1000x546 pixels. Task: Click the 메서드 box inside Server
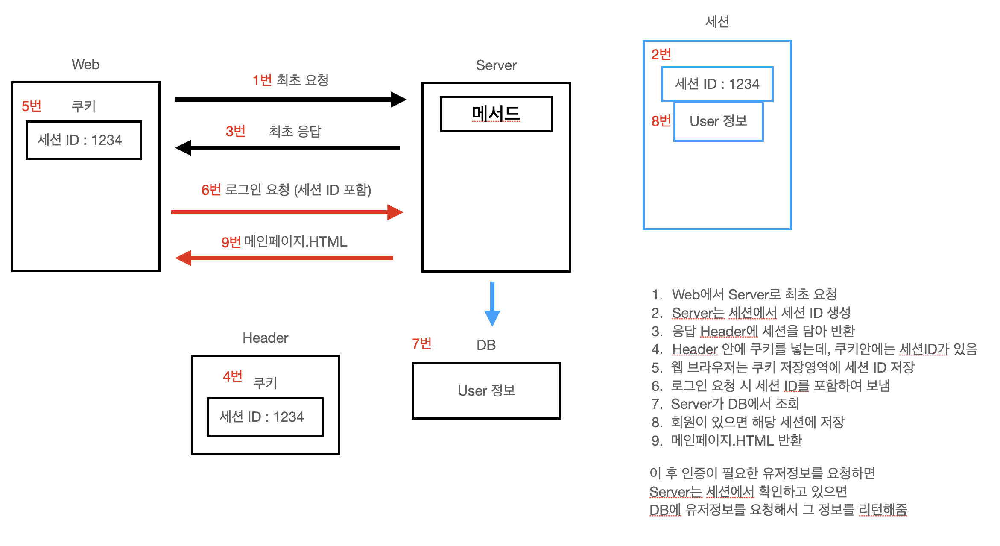coord(496,114)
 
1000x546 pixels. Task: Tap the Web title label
coord(85,65)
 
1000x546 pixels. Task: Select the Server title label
coord(496,65)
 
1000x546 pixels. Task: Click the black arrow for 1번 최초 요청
coord(290,100)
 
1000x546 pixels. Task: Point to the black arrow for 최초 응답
coord(287,148)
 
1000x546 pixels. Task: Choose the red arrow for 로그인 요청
coord(287,212)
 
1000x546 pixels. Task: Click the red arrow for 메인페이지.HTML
coord(284,258)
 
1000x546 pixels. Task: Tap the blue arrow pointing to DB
coord(492,304)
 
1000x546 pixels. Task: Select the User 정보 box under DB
coord(486,390)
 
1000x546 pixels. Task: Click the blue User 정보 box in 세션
coord(718,121)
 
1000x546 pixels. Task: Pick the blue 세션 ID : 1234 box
coord(717,84)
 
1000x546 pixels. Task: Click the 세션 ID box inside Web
coord(84,140)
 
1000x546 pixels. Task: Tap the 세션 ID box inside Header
coord(265,417)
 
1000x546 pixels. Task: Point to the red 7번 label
coord(421,343)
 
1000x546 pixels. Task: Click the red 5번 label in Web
coord(31,106)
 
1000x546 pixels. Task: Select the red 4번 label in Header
coord(232,376)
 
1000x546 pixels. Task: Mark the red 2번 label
coord(661,54)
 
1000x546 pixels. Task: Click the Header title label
coord(265,338)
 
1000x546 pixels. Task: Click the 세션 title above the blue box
coord(717,21)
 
